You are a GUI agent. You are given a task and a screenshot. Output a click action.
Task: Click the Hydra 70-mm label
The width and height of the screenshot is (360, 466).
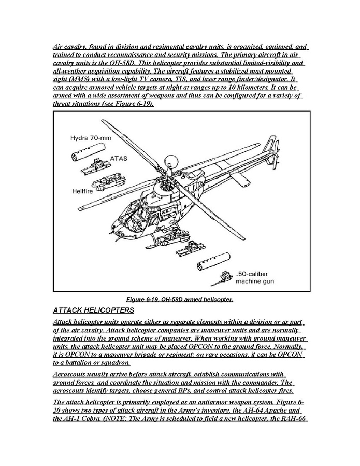pos(91,138)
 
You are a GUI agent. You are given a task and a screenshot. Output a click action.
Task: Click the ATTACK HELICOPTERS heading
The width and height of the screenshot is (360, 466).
pos(94,310)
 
